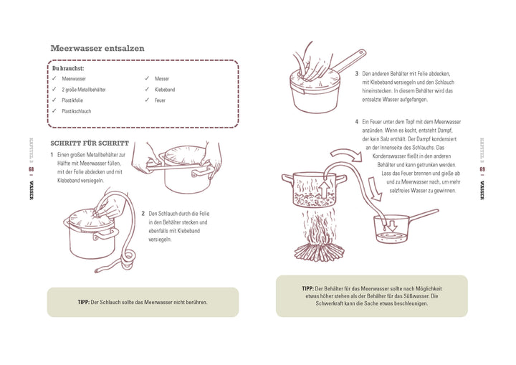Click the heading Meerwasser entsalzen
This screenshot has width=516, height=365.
97,48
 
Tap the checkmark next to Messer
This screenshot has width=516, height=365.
147,78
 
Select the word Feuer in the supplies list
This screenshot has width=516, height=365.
160,100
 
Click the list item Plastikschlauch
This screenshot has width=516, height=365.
77,111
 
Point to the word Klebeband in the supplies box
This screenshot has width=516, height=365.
164,90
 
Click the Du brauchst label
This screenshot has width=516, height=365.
68,68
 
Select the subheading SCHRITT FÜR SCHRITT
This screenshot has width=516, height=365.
90,143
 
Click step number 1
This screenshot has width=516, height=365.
52,154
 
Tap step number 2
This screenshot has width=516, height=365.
143,213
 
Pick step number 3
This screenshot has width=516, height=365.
356,73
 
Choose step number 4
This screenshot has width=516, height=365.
356,122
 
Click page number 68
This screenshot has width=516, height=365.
32,170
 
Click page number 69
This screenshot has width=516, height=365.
483,170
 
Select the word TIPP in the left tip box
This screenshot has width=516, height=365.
83,302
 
